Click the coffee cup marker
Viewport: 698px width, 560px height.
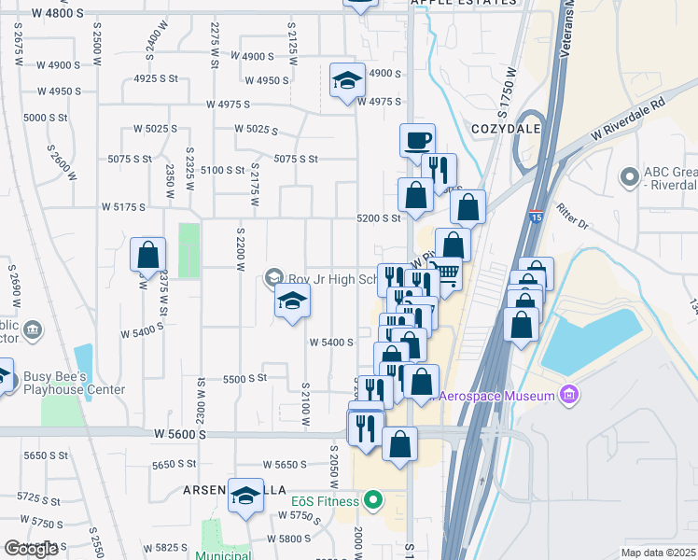417,140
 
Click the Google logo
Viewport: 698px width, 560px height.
31,549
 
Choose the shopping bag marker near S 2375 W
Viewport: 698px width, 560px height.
147,254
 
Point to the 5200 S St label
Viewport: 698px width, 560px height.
379,218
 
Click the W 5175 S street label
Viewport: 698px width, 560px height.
123,206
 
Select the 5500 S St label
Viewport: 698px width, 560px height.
244,379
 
